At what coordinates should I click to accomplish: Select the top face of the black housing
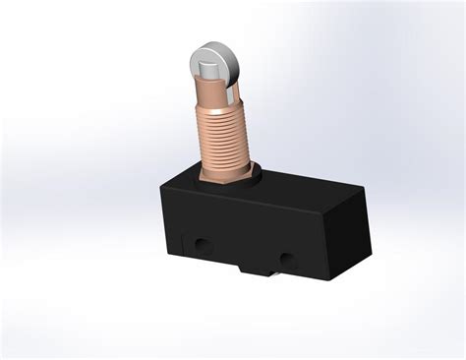point(275,192)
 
